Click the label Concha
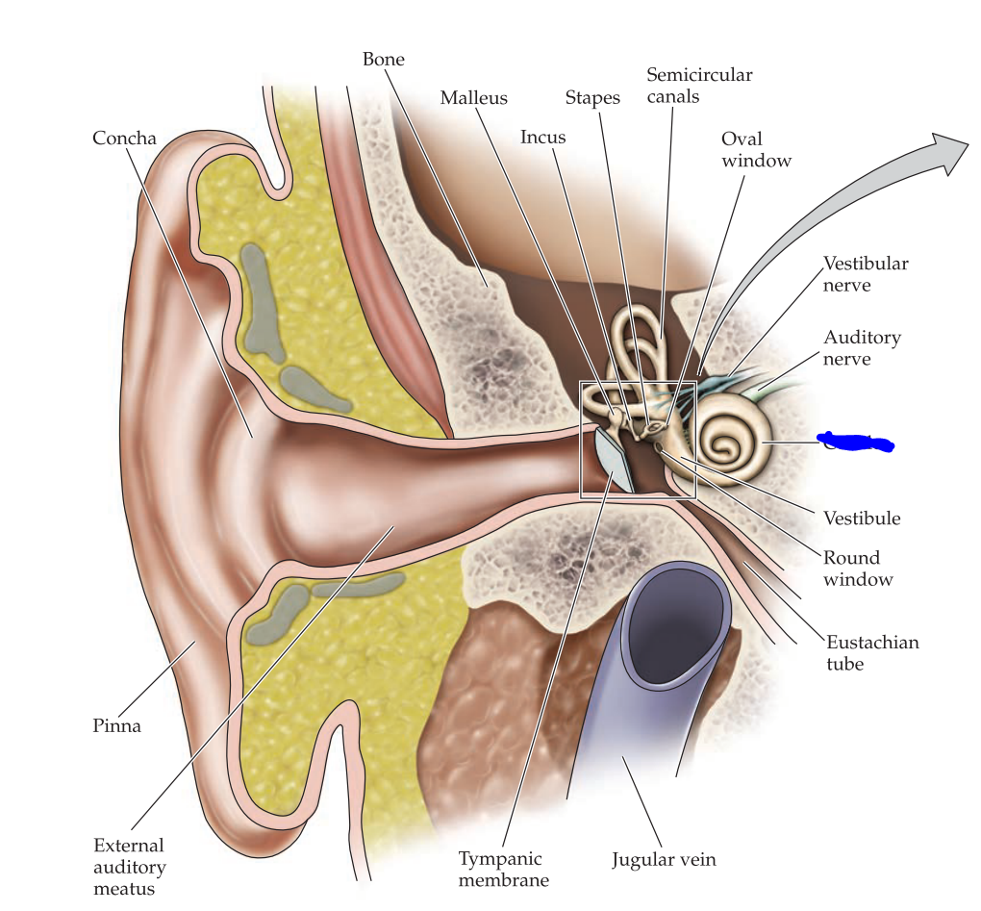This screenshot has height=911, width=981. point(124,138)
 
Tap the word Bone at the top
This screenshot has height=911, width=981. point(383,60)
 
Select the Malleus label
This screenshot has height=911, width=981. point(473,98)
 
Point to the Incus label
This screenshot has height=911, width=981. point(542,137)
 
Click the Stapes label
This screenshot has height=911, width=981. point(591,98)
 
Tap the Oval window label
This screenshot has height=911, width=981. point(756,149)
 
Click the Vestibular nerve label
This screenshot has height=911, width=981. point(866,274)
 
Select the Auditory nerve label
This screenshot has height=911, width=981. point(862,348)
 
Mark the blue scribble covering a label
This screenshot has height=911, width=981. point(855,443)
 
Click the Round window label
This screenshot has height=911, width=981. point(857,569)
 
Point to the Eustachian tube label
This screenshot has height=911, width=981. point(872,653)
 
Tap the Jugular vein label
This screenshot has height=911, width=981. point(664,860)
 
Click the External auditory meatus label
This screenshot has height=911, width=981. point(130,867)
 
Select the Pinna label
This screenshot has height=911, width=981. point(116,726)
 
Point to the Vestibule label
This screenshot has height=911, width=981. point(862,519)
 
